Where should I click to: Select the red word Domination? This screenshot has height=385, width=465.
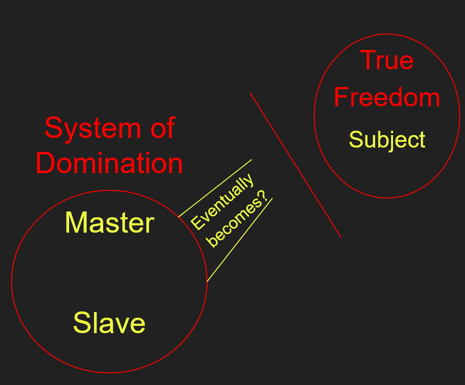pos(109,163)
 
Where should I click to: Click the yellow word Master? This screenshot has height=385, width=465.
pos(109,223)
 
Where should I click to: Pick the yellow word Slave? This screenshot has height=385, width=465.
pos(109,323)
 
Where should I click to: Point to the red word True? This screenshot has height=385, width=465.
pos(387,61)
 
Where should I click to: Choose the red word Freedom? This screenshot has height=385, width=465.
pos(387,98)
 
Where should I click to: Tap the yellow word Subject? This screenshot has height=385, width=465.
pos(387,140)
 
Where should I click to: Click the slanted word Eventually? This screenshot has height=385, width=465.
pos(222,202)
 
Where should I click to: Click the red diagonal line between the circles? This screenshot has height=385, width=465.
pos(295,164)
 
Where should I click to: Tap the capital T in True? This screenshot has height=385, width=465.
pos(368,61)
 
